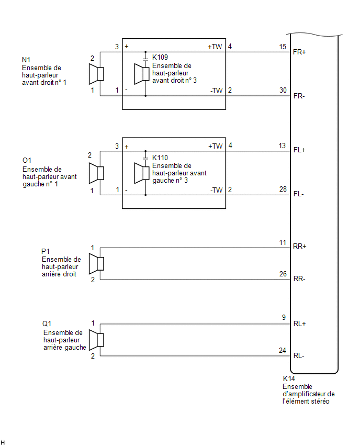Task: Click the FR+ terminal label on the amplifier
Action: pyautogui.click(x=299, y=52)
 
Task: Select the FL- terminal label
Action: pyautogui.click(x=299, y=194)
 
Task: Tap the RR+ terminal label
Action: pyautogui.click(x=299, y=247)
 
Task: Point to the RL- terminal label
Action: pyautogui.click(x=299, y=355)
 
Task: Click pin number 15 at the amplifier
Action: pyautogui.click(x=283, y=47)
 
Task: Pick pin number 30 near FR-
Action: pyautogui.click(x=283, y=90)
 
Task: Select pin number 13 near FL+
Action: pyautogui.click(x=282, y=146)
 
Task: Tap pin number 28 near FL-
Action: pyautogui.click(x=283, y=189)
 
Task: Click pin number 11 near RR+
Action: pyautogui.click(x=283, y=242)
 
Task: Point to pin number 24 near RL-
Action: pyautogui.click(x=283, y=350)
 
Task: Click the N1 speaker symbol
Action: pyautogui.click(x=96, y=74)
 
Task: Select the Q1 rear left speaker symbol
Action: pyautogui.click(x=96, y=340)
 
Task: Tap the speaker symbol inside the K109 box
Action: pyautogui.click(x=142, y=74)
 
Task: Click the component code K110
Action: pyautogui.click(x=160, y=158)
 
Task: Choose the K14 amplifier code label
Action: pyautogui.click(x=289, y=378)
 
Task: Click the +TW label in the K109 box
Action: pyautogui.click(x=215, y=47)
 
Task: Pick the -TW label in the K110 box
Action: pyautogui.click(x=217, y=190)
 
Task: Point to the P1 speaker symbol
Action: pyautogui.click(x=96, y=264)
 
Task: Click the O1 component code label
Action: pyautogui.click(x=27, y=160)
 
